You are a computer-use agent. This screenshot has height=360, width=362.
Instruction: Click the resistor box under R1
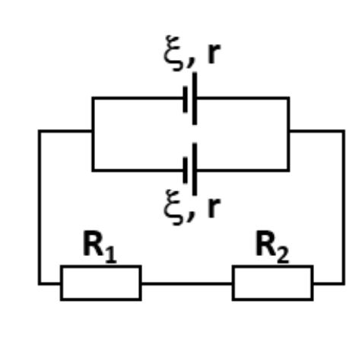[101, 267]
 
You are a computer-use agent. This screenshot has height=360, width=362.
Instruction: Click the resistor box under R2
[273, 267]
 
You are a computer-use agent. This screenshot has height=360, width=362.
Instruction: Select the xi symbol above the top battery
[173, 53]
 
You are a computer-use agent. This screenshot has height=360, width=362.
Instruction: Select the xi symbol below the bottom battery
[173, 207]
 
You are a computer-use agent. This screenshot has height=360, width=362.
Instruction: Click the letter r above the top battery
[214, 53]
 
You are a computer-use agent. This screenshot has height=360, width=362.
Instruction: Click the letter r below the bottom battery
[214, 207]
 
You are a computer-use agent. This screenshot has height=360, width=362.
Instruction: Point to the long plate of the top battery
[195, 99]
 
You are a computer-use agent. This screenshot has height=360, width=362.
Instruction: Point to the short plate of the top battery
[186, 99]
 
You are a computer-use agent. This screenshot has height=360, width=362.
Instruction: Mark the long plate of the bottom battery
[195, 169]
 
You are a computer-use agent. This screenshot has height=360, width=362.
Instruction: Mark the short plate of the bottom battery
[186, 170]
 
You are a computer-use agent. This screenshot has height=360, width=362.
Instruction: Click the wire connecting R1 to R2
[187, 283]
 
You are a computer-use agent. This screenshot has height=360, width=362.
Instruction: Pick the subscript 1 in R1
[111, 254]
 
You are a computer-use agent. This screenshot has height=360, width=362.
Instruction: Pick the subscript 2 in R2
[283, 254]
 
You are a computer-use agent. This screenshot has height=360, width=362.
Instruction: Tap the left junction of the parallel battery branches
[93, 131]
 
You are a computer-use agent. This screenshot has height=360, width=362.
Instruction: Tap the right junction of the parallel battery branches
[289, 131]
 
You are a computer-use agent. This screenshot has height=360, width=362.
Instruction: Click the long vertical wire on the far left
[40, 207]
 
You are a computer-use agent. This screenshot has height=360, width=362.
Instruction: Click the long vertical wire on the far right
[343, 207]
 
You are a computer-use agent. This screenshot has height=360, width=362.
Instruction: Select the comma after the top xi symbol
[190, 62]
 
